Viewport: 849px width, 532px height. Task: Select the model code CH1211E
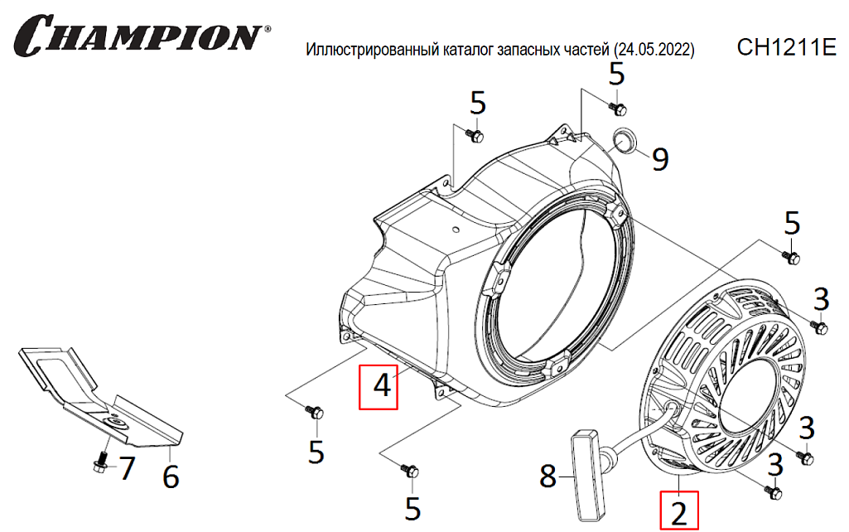(x=787, y=48)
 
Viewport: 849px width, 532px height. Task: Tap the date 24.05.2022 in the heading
(x=654, y=50)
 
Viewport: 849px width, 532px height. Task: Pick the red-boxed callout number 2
(x=679, y=510)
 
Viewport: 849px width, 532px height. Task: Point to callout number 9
(x=660, y=160)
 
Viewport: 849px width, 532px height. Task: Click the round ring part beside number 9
(x=623, y=141)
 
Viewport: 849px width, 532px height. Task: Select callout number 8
(x=548, y=477)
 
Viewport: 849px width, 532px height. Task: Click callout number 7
(x=127, y=469)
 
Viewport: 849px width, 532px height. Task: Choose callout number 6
(x=171, y=477)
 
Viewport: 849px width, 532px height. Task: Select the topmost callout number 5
(x=616, y=75)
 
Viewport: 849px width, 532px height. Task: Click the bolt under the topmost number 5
(x=617, y=109)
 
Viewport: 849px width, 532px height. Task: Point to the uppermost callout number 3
(x=822, y=300)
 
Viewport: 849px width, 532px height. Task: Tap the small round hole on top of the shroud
(x=456, y=230)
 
